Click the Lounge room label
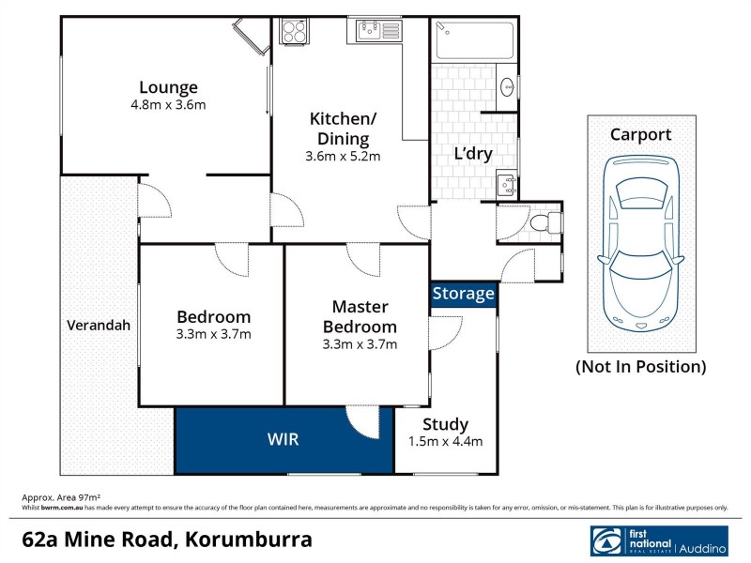(x=168, y=88)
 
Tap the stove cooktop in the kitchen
(x=294, y=31)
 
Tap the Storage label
(x=464, y=294)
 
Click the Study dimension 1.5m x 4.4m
(x=445, y=442)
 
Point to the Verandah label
(x=99, y=326)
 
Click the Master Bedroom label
(x=360, y=316)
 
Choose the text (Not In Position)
(x=641, y=367)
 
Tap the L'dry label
(x=474, y=154)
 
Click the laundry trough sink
(x=506, y=183)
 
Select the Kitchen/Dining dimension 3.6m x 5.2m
(x=343, y=157)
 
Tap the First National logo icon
(x=606, y=541)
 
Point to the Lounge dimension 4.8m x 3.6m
(x=168, y=105)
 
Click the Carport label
(x=641, y=134)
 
